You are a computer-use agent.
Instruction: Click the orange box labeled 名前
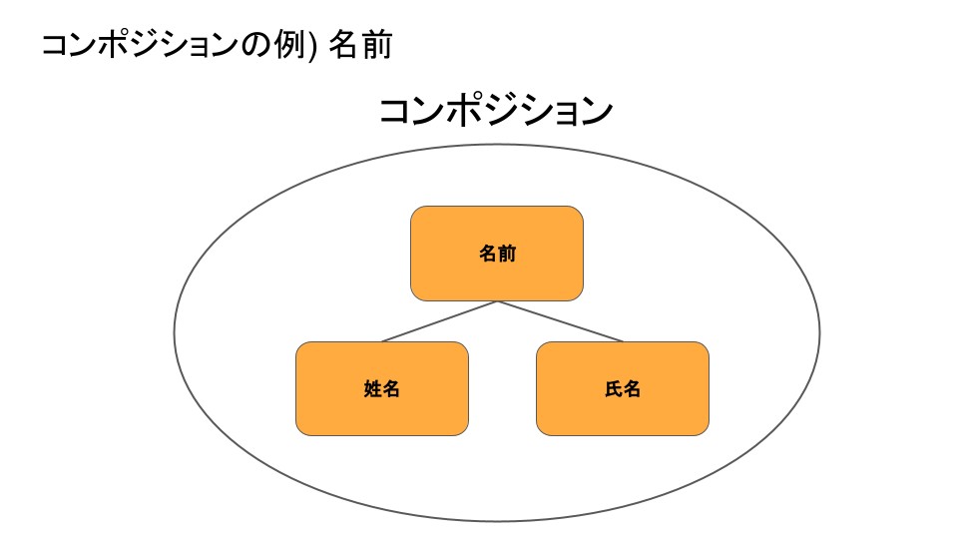497,253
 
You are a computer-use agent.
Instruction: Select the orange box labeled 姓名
382,388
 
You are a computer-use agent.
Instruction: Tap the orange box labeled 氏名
623,388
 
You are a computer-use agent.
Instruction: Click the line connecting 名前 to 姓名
439,321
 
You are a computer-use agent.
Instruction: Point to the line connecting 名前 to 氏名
560,321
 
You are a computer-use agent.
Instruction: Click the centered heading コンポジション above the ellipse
496,111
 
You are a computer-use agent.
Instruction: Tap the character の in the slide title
256,46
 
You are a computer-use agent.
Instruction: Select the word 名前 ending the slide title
360,45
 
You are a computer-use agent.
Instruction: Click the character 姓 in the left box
372,388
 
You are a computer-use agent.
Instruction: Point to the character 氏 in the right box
614,388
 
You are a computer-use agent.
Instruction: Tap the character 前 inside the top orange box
507,253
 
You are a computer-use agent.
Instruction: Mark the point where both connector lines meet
497,301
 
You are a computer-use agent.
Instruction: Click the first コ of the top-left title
55,46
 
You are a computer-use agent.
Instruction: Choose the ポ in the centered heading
467,111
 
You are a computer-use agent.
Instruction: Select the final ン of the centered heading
597,111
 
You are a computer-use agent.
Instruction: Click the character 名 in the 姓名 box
391,388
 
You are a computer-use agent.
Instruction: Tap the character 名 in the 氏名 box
632,388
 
